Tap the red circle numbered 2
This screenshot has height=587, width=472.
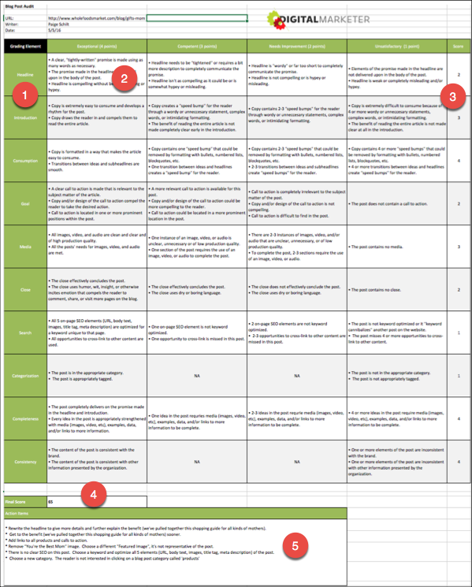point(125,77)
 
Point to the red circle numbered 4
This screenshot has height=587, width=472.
point(94,495)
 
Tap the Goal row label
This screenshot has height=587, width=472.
point(24,203)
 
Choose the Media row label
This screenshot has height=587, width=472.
point(24,247)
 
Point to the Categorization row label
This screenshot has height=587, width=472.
point(24,376)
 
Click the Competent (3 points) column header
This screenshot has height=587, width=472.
point(197,47)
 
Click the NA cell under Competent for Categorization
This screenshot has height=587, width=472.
point(197,376)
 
